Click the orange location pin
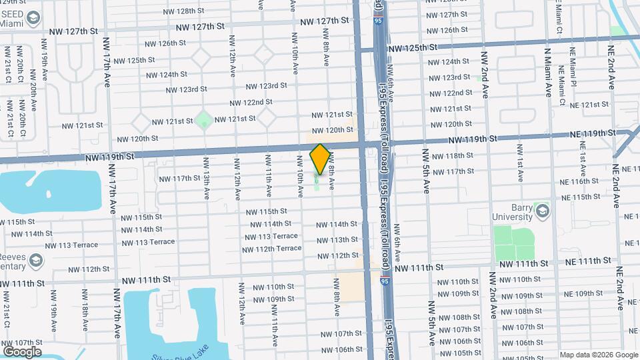[320, 159]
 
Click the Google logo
[22, 351]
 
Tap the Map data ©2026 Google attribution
[597, 355]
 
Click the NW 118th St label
[451, 156]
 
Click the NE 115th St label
[581, 197]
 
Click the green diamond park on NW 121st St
[204, 121]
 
